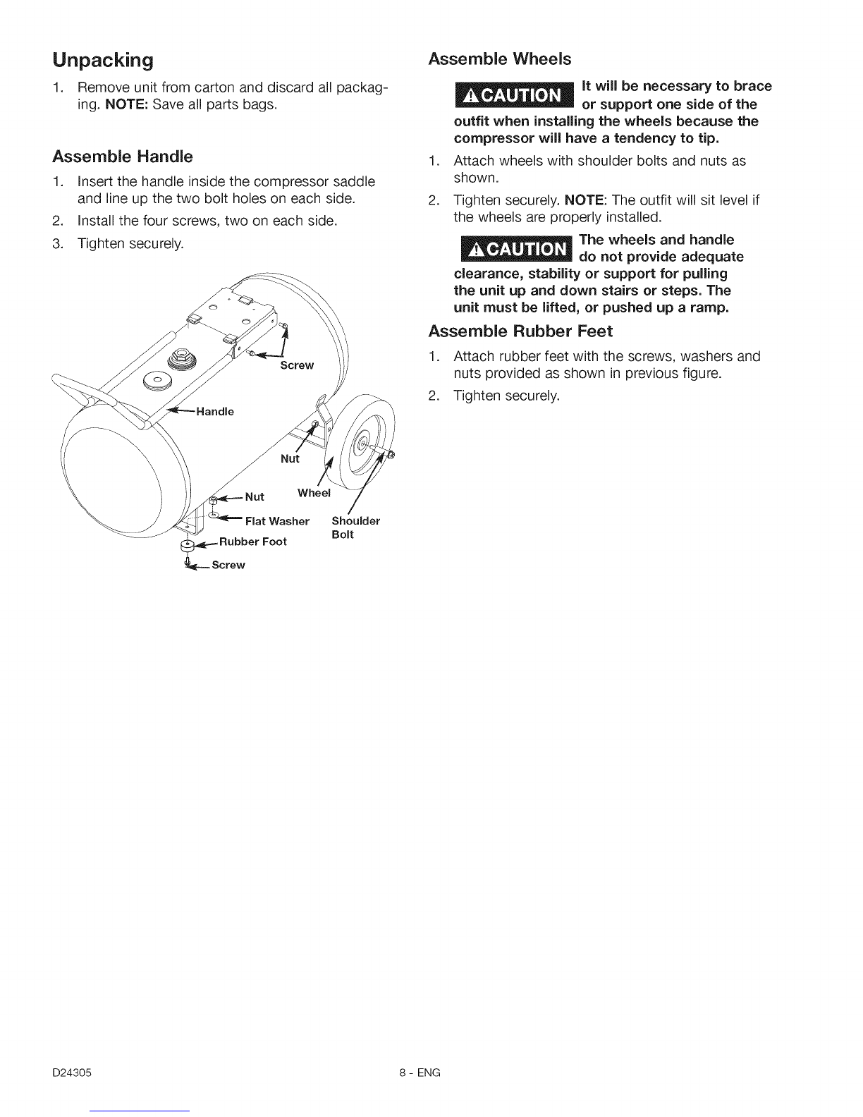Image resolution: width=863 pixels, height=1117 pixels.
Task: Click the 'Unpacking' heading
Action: coord(103,61)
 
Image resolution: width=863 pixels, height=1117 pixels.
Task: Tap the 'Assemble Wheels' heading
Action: coord(500,59)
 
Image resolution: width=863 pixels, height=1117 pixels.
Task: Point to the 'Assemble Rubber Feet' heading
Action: coord(521,331)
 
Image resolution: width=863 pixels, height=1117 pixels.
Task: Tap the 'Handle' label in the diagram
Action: coord(215,411)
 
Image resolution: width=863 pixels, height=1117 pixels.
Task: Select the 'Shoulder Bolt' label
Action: coord(355,527)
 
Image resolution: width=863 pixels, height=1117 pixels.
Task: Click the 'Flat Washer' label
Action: coord(277,521)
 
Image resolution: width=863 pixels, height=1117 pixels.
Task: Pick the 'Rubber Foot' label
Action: coord(252,542)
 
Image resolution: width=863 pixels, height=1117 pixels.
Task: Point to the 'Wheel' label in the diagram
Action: coord(314,493)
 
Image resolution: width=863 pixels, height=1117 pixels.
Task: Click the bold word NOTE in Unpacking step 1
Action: coord(123,105)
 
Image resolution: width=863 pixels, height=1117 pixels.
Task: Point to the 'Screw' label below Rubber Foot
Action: coord(227,565)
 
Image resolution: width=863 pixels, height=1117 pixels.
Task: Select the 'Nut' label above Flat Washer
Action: coord(254,496)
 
